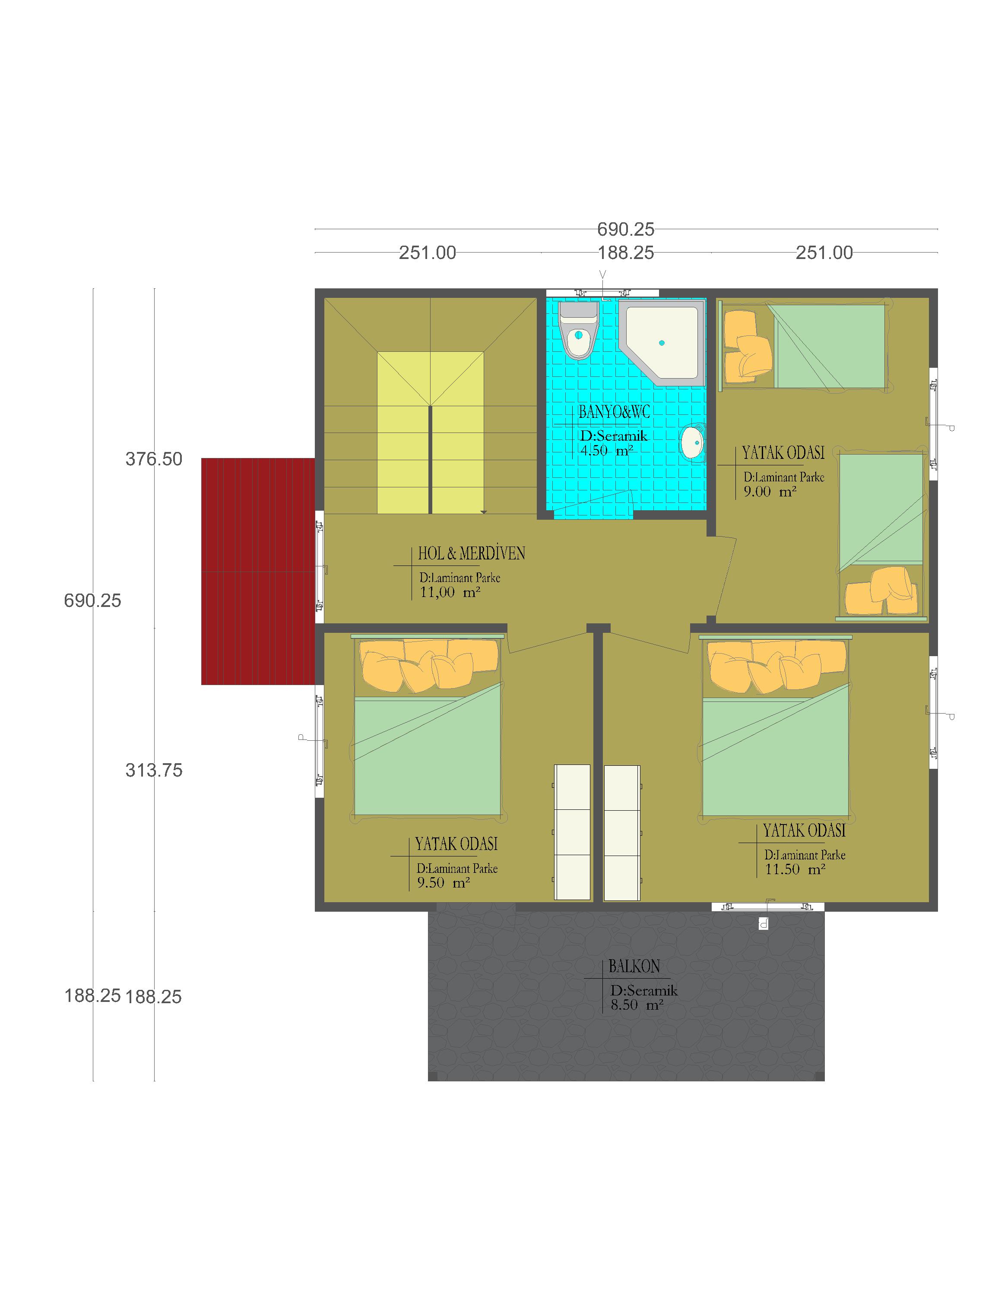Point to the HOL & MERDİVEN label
pyautogui.click(x=472, y=553)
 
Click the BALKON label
pyautogui.click(x=634, y=967)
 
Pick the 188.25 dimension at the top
pyautogui.click(x=626, y=253)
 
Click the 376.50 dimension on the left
pyautogui.click(x=154, y=459)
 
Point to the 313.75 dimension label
pyautogui.click(x=154, y=771)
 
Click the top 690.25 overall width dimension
pyautogui.click(x=626, y=229)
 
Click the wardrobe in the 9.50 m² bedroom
pyautogui.click(x=572, y=832)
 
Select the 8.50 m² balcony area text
pyautogui.click(x=636, y=1005)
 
